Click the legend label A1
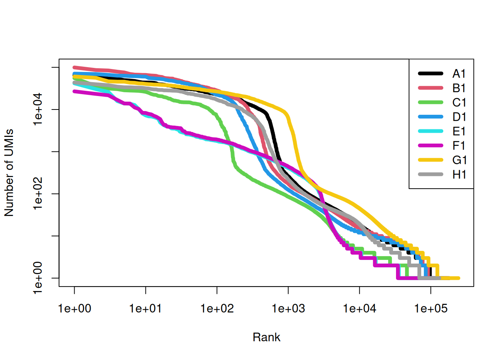[x=459, y=74]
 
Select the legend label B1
[x=459, y=88]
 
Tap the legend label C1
[x=459, y=103]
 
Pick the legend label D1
[x=459, y=117]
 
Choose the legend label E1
[x=459, y=132]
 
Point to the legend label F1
[x=459, y=146]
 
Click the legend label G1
[x=459, y=160]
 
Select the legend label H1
[x=459, y=175]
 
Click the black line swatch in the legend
[x=430, y=74]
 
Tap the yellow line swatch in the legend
[x=430, y=160]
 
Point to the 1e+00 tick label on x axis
[x=74, y=309]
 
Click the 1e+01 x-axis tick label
[x=145, y=309]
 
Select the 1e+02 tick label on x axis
[x=217, y=309]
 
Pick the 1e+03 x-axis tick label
[x=288, y=309]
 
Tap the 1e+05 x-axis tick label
[x=430, y=309]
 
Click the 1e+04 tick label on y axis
[x=38, y=109]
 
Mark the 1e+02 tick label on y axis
[x=38, y=194]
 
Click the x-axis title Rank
[x=266, y=337]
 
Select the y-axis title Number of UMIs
[x=9, y=173]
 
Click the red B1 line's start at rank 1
[x=74, y=67]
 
